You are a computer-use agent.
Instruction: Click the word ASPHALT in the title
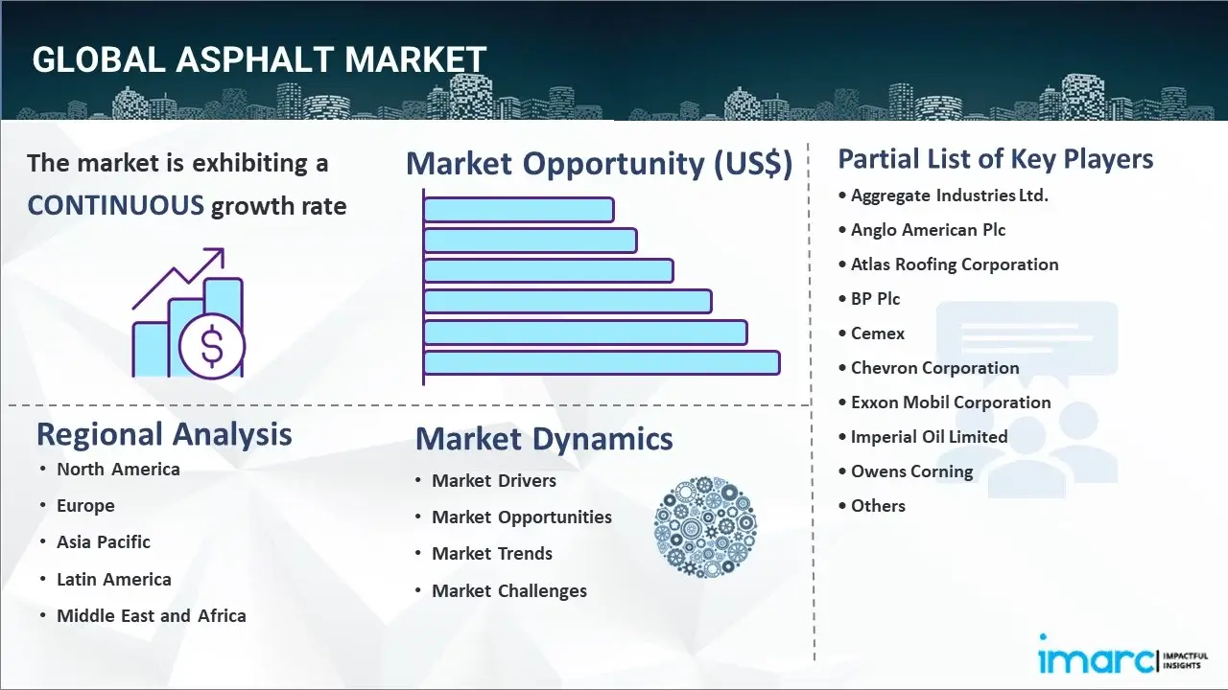(255, 59)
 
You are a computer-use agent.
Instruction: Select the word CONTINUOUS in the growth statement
(116, 206)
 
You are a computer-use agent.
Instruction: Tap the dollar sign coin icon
(212, 346)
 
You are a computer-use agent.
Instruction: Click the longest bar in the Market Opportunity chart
(602, 363)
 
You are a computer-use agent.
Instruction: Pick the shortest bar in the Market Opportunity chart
(518, 210)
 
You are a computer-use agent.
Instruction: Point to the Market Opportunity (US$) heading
(600, 163)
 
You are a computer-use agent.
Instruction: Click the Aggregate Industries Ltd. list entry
(949, 195)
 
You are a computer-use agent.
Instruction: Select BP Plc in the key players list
(875, 298)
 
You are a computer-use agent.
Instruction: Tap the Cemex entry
(877, 333)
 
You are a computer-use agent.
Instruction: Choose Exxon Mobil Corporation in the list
(951, 402)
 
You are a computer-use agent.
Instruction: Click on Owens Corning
(911, 471)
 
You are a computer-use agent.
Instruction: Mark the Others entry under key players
(878, 505)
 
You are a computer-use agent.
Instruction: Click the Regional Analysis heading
(164, 435)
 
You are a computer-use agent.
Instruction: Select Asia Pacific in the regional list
(104, 541)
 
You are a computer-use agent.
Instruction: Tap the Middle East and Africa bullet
(152, 615)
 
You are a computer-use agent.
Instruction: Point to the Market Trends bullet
(492, 553)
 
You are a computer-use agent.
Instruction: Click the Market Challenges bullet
(509, 590)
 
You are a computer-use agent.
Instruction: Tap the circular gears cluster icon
(705, 527)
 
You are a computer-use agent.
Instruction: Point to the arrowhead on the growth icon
(217, 255)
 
